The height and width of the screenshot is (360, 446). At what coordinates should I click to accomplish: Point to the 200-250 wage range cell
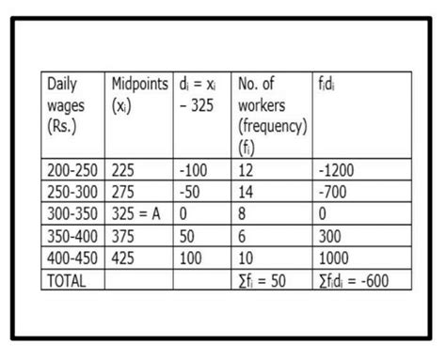pyautogui.click(x=72, y=171)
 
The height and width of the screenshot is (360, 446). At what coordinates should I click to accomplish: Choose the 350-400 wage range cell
pyautogui.click(x=72, y=237)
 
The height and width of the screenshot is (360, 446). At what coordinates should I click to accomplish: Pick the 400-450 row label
pyautogui.click(x=72, y=259)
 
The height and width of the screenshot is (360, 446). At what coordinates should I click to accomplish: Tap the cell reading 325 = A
pyautogui.click(x=137, y=214)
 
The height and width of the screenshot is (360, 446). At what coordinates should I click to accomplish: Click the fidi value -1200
pyautogui.click(x=341, y=171)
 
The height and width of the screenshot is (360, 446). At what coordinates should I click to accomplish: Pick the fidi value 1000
pyautogui.click(x=337, y=259)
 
